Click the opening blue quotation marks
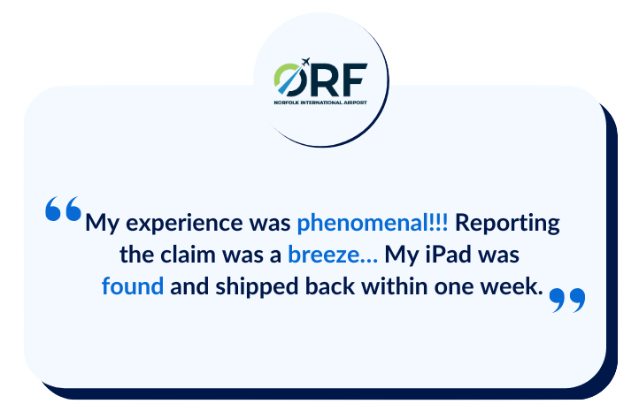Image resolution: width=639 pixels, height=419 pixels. pos(63,209)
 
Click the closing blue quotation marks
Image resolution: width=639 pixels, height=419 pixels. pos(567,300)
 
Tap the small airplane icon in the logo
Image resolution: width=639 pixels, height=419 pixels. pos(305,62)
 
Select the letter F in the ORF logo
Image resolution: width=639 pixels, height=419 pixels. pos(355,80)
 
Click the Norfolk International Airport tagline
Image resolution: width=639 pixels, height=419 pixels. pos(320,103)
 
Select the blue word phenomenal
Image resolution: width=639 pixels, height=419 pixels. pos(361,223)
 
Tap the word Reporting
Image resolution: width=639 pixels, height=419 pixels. pos(507,224)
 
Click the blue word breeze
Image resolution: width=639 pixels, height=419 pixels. pos(324,255)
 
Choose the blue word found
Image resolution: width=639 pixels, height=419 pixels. pos(133,286)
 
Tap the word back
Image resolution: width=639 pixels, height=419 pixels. pos(330,286)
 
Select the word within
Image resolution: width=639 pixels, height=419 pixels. pos(395,286)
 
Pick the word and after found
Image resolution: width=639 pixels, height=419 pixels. pos(189,286)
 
